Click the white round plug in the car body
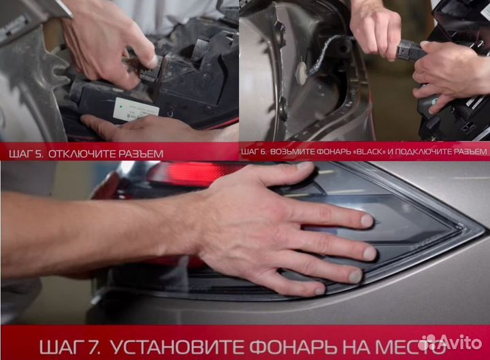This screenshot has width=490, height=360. click(301, 73)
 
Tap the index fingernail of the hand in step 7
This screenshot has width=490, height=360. click(367, 220)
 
